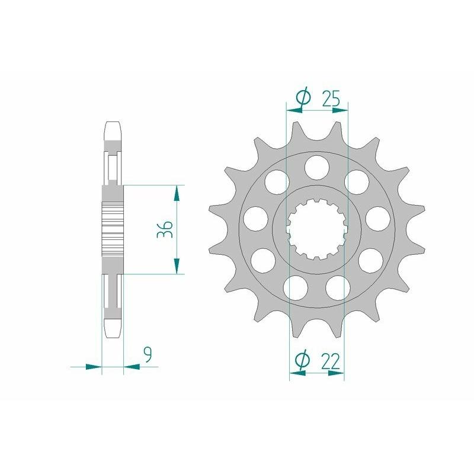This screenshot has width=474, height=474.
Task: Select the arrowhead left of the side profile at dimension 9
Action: coord(93,367)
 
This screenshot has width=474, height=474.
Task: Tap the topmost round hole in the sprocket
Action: coord(317,165)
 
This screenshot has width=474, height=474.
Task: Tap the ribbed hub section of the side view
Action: coord(114,229)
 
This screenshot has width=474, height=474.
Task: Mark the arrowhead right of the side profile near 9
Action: coord(132,367)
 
